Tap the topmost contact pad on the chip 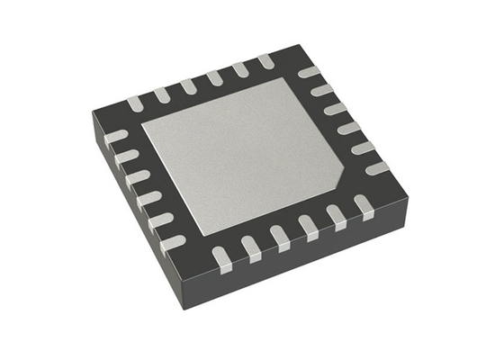(266, 60)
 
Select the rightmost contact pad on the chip (377, 167)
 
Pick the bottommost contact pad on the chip (221, 259)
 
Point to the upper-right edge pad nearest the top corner (309, 71)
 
